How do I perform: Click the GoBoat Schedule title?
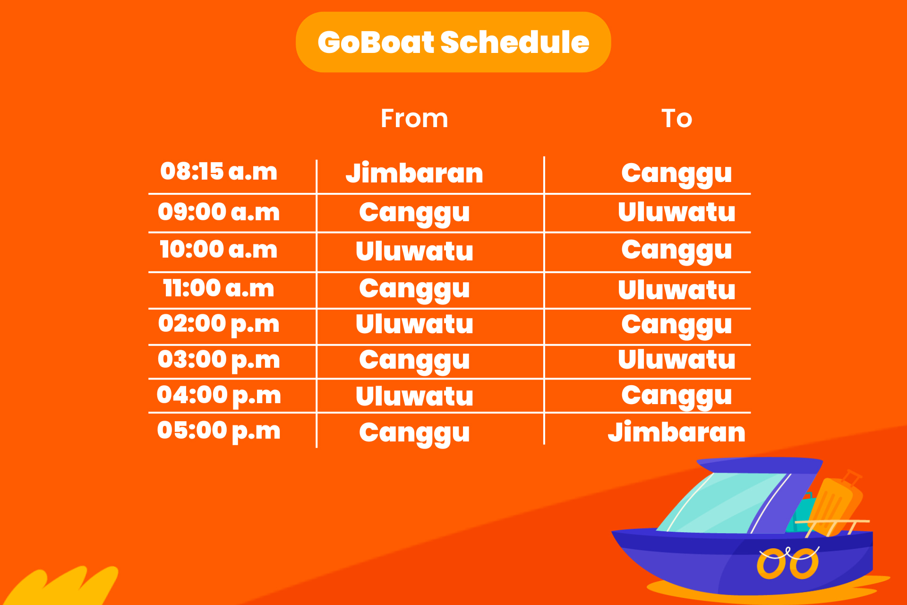(x=453, y=42)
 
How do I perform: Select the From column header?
(x=414, y=118)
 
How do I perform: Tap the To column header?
(x=676, y=118)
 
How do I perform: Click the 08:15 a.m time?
(x=219, y=171)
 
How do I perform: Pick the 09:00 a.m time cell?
(x=219, y=212)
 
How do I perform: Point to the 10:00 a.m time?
(x=219, y=250)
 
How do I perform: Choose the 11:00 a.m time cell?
(x=219, y=288)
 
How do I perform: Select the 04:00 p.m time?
(x=219, y=396)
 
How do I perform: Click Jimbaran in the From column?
(x=414, y=173)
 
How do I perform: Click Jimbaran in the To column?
(x=676, y=432)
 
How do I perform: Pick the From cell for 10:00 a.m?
(x=414, y=251)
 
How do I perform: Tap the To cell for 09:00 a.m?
(x=676, y=212)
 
